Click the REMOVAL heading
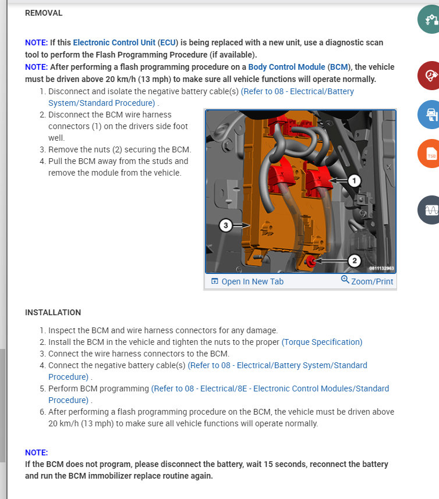click(x=44, y=13)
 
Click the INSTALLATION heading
click(x=53, y=312)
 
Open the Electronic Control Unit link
click(x=114, y=42)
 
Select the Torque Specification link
click(x=322, y=342)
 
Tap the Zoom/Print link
click(x=367, y=281)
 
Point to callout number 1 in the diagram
click(x=355, y=181)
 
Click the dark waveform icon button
click(x=431, y=210)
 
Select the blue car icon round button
click(x=431, y=115)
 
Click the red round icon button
click(x=431, y=76)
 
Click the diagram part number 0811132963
click(x=381, y=268)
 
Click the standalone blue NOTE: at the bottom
click(x=36, y=452)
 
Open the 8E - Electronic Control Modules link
click(x=270, y=388)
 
